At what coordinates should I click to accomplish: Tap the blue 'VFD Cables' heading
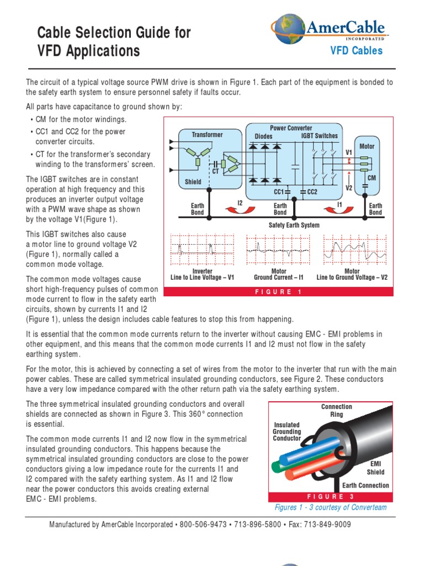coord(356,51)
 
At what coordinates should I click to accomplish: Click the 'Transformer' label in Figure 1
coord(207,134)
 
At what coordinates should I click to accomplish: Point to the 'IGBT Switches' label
coord(319,135)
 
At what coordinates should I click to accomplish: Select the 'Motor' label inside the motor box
coord(367,146)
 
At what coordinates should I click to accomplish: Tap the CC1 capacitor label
coord(279,192)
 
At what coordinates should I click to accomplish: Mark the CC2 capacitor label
coord(311,192)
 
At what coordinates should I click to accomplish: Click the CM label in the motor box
coord(372,178)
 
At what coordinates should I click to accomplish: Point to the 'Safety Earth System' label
coord(294,226)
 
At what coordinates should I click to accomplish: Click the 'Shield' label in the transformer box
coord(193,182)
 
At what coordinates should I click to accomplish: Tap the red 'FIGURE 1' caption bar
coord(278,292)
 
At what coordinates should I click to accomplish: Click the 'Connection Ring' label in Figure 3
coord(337,410)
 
